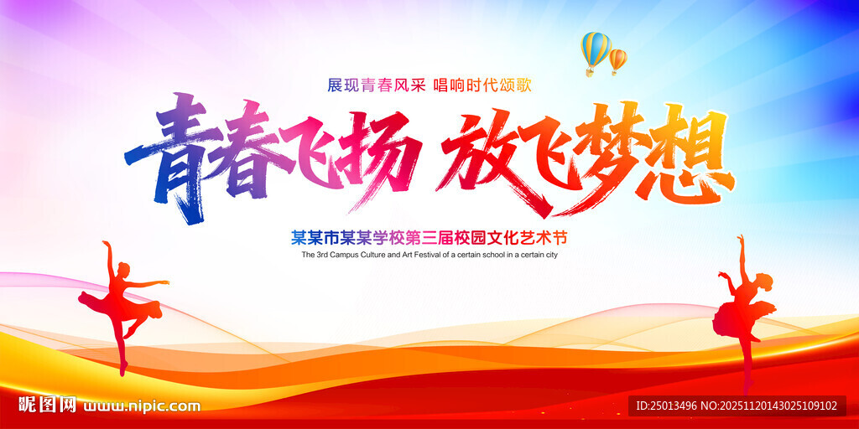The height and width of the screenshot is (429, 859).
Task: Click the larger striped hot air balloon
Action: (x=596, y=52)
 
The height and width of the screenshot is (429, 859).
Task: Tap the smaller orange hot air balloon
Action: (x=617, y=60)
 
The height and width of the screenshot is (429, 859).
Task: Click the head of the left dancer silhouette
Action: (x=123, y=271)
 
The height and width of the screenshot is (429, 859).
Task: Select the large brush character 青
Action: (x=164, y=158)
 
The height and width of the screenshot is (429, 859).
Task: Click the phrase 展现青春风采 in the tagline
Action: (x=377, y=85)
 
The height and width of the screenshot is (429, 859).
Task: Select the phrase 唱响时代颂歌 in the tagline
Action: (x=482, y=85)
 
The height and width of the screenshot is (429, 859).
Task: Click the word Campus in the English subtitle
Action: (x=343, y=255)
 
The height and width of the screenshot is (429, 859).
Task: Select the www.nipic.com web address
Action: (x=143, y=406)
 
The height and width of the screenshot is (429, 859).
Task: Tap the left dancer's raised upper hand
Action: (x=105, y=244)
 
